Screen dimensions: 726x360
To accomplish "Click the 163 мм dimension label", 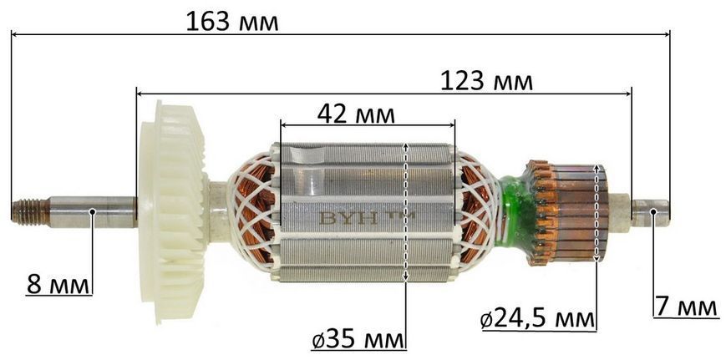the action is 232,22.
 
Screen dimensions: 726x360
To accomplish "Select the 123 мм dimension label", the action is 486,82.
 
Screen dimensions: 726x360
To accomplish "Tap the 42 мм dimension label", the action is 356,114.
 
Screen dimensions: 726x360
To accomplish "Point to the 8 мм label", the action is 58,285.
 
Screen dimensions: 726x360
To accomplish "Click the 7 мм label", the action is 687,307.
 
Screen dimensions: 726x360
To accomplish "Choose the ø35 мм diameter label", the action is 358,341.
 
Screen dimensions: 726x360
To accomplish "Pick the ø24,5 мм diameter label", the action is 537,320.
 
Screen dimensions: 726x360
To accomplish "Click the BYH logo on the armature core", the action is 367,217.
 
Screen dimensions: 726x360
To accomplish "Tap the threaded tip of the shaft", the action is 30,211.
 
